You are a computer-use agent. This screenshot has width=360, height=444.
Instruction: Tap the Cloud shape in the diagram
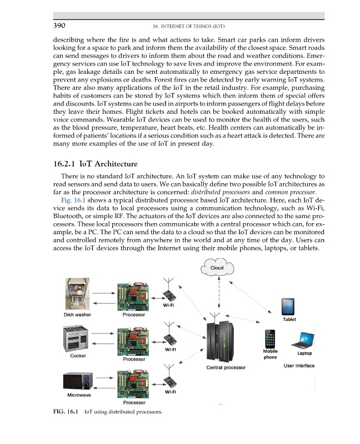(217, 269)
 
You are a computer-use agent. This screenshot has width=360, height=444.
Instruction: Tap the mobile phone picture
(270, 338)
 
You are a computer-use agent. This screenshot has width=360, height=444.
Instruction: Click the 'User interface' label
(298, 366)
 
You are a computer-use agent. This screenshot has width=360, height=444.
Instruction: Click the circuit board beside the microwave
(133, 381)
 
